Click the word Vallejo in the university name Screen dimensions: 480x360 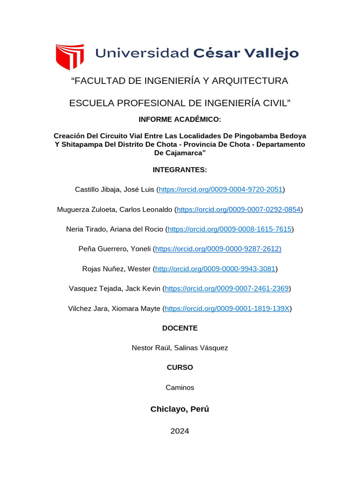point(273,53)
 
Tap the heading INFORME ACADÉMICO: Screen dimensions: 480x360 point(180,120)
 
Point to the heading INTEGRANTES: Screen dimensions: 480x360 point(180,170)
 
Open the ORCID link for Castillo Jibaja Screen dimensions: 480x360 point(221,189)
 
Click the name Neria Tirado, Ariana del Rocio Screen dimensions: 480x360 point(115,229)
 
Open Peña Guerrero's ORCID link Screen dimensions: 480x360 point(218,249)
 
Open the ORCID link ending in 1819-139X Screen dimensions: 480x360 point(227,308)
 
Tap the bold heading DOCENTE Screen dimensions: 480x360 point(180,328)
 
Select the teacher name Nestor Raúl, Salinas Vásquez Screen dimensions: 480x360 point(180,348)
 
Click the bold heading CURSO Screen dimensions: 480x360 point(180,367)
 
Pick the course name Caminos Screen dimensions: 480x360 point(180,388)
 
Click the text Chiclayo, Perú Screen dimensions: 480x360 point(180,409)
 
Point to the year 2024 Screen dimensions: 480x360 point(180,431)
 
